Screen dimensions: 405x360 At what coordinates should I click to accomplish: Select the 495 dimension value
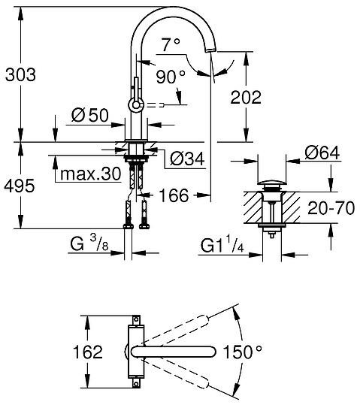tap(20, 186)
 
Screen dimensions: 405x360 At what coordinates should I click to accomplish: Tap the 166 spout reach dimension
tap(174, 198)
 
